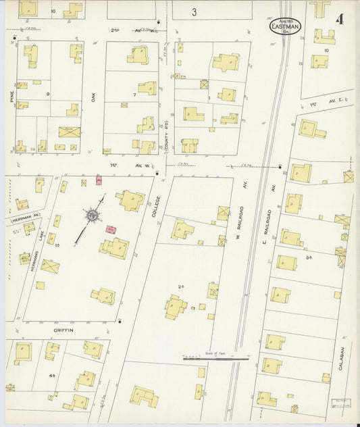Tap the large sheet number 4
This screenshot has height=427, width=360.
pos(337,18)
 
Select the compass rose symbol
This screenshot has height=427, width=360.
pos(90,215)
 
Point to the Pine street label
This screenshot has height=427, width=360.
pos(12,97)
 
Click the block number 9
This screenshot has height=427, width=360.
pos(47,94)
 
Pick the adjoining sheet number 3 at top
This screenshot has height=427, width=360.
pos(194,11)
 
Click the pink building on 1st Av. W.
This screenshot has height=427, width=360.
pos(99,180)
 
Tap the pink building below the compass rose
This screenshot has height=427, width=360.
pos(110,230)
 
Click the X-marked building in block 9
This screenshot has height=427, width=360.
pos(69,131)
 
